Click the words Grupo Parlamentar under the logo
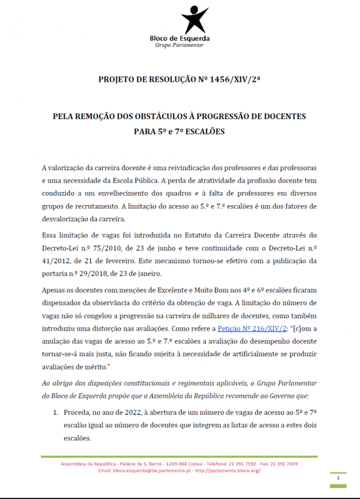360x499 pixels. tap(179, 45)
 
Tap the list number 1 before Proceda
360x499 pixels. tap(56, 412)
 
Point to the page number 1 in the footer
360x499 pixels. tap(338, 479)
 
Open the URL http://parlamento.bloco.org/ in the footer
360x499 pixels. tap(227, 471)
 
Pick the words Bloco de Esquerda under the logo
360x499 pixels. tap(179, 38)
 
